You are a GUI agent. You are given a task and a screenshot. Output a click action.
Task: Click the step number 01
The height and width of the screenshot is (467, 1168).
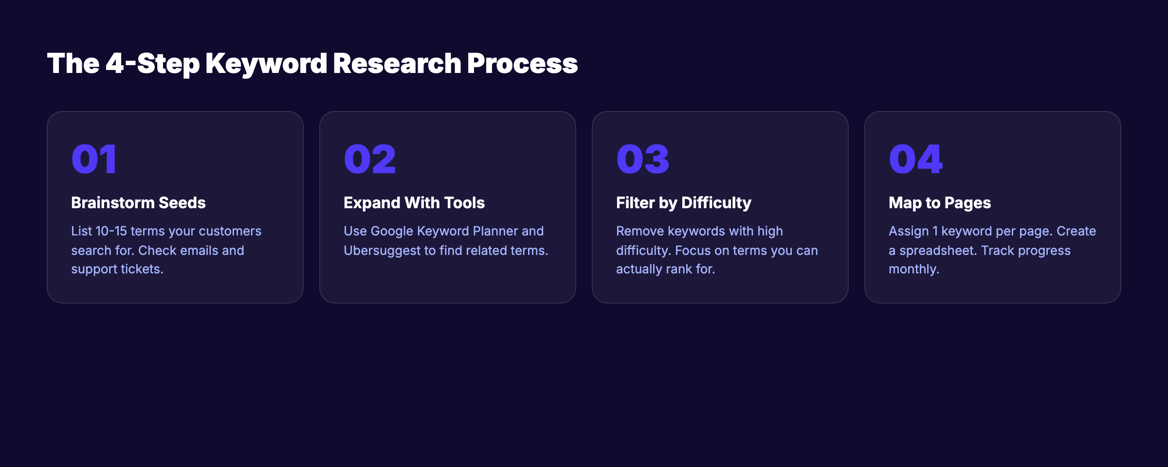(94, 159)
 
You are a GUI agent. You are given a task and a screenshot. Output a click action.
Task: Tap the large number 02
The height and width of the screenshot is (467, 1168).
(370, 159)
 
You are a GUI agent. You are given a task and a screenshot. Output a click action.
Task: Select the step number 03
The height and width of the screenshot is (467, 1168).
(642, 159)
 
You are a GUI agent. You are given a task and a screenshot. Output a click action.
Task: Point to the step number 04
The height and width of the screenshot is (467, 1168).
(915, 159)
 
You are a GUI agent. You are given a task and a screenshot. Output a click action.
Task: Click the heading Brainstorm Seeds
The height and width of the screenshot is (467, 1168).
(138, 202)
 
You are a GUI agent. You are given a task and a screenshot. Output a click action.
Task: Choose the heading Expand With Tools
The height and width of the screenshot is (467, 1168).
(414, 202)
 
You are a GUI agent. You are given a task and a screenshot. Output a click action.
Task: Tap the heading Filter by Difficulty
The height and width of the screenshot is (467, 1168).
(683, 202)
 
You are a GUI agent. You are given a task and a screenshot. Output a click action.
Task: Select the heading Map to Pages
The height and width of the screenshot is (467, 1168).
(940, 202)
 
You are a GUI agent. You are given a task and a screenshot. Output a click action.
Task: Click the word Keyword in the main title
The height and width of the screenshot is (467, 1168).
(266, 64)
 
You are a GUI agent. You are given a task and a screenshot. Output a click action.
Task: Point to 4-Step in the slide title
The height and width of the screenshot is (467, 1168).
(152, 64)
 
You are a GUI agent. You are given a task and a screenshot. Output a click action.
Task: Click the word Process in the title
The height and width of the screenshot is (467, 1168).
(522, 64)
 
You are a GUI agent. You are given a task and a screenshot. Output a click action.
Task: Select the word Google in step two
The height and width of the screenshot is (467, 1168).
(392, 231)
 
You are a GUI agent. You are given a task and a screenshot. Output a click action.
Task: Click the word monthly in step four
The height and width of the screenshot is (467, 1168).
(913, 269)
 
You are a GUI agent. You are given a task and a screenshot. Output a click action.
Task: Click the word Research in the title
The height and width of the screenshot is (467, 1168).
(397, 64)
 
